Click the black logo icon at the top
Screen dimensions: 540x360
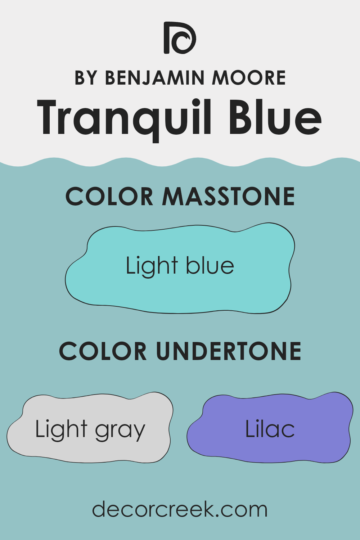pyautogui.click(x=180, y=38)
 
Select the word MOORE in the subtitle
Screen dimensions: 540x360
pyautogui.click(x=249, y=78)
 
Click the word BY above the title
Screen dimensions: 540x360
pyautogui.click(x=85, y=78)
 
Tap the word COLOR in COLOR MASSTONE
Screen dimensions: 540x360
pyautogui.click(x=109, y=197)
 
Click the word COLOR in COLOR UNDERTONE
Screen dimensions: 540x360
pyautogui.click(x=103, y=351)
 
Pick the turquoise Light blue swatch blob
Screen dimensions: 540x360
pyautogui.click(x=180, y=288)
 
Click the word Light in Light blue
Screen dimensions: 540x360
pyautogui.click(x=152, y=266)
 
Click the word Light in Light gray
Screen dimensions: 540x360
pyautogui.click(x=61, y=429)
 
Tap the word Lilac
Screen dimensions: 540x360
pyautogui.click(x=270, y=429)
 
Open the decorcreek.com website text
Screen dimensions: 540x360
pyautogui.click(x=180, y=509)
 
